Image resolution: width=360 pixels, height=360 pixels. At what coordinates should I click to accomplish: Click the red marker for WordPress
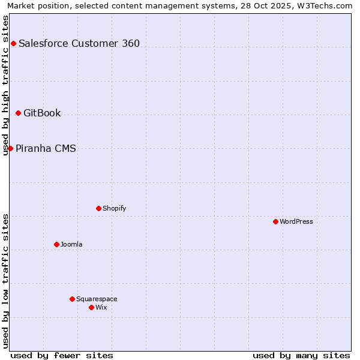tap(275, 221)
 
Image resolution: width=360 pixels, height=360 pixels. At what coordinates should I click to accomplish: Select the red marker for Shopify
tap(98, 208)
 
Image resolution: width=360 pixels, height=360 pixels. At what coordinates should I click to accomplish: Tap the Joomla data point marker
tap(56, 244)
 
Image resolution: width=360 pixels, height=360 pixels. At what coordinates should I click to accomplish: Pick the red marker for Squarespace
tap(72, 299)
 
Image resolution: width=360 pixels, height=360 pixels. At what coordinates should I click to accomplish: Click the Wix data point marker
tap(91, 307)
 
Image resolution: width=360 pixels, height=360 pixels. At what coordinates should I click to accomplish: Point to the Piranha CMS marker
tap(10, 148)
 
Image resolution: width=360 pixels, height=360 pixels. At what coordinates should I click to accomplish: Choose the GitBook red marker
tap(18, 113)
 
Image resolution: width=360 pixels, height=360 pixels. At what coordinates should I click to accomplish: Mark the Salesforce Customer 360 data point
tap(13, 43)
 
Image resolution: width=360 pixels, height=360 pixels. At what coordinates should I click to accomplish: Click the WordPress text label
tap(296, 221)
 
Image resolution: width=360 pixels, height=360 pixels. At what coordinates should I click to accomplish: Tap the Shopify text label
tap(115, 208)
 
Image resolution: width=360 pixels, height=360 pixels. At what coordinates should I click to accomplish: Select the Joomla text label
tap(71, 244)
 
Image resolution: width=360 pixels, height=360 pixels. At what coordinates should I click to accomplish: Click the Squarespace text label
tap(97, 299)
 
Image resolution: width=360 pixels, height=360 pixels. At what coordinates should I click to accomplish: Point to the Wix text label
tap(101, 307)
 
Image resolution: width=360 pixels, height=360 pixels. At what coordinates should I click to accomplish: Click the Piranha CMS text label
tap(46, 148)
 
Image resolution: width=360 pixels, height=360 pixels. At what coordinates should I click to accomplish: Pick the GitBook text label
tap(42, 113)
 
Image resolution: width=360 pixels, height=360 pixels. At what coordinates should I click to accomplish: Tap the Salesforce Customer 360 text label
tap(79, 43)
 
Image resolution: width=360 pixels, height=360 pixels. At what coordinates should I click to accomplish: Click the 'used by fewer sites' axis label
tap(62, 355)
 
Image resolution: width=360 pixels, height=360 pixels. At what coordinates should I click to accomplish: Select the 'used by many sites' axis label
tap(301, 355)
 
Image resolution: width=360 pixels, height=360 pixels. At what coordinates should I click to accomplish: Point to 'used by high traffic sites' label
tap(5, 85)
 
